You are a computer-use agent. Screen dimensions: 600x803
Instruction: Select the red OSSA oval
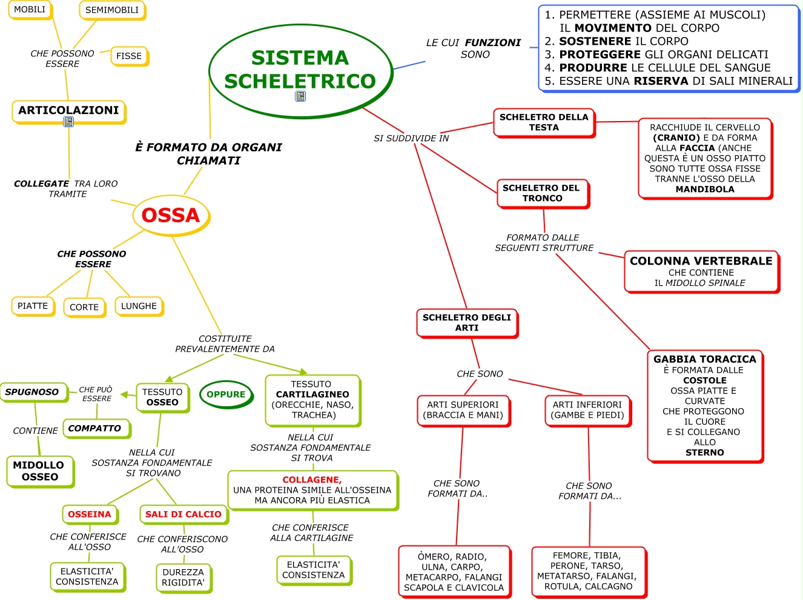171,215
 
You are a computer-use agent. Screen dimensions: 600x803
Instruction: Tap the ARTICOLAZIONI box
68,110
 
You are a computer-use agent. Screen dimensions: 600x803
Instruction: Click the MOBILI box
30,10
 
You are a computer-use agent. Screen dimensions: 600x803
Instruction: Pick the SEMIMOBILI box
112,10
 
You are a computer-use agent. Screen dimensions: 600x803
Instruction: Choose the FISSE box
129,56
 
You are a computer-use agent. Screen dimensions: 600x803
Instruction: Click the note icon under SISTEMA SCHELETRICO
300,96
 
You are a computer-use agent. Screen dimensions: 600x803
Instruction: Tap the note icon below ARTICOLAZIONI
68,122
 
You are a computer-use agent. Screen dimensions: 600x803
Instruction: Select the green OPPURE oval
226,394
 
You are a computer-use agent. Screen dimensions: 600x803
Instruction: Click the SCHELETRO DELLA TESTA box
544,122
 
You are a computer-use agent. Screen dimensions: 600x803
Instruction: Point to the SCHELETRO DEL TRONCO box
542,193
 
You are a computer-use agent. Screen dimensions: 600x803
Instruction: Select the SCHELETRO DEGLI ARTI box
466,322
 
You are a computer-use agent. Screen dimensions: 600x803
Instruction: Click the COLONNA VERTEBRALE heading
701,261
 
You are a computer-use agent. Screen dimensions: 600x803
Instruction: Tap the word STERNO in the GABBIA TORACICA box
704,452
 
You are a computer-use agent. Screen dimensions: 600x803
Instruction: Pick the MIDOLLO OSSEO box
39,471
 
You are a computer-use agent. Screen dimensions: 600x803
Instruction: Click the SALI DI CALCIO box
183,514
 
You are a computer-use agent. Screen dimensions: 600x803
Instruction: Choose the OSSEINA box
90,514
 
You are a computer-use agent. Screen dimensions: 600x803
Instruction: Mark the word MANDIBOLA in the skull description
704,189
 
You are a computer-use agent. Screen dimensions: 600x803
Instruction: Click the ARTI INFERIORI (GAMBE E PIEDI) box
587,410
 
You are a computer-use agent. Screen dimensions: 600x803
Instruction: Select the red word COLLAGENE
312,480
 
